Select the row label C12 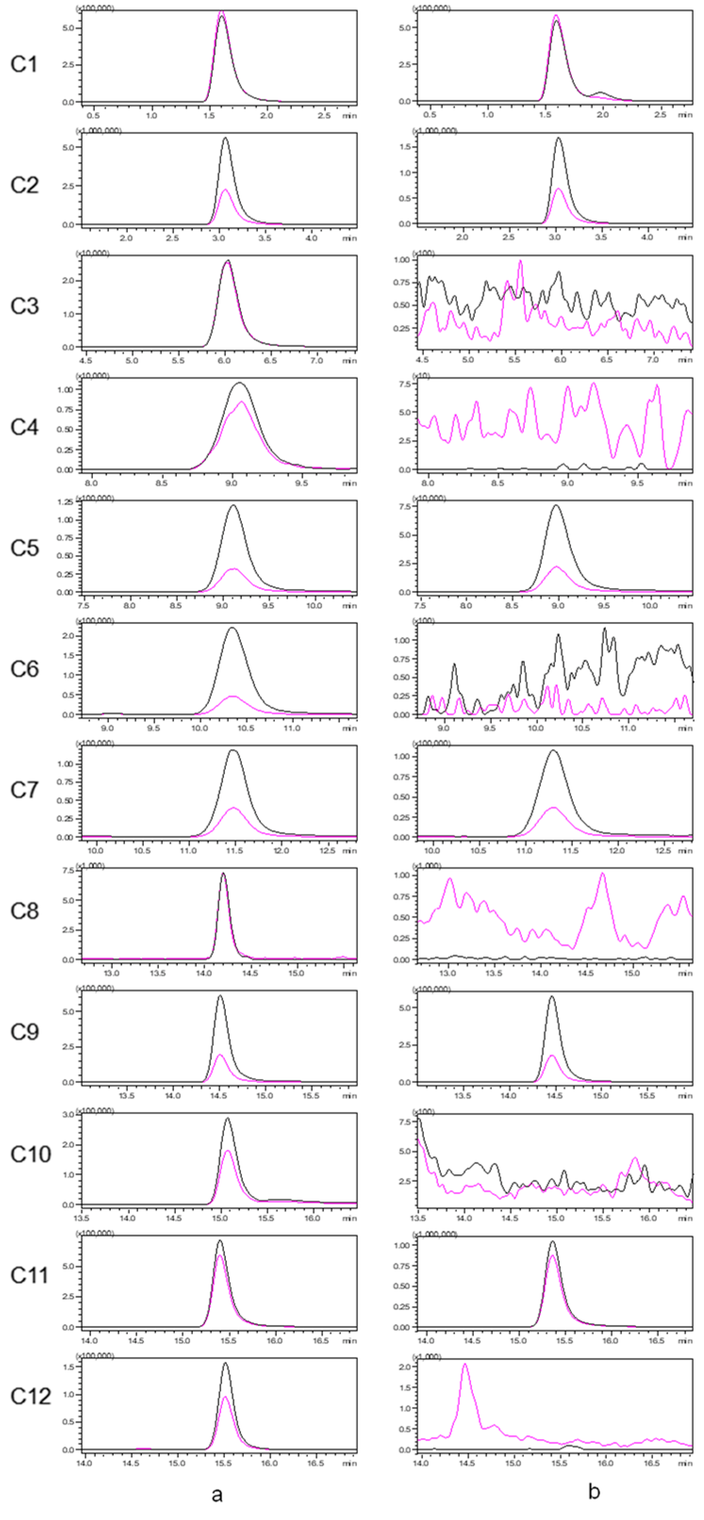pos(30,1396)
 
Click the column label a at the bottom pos(217,1494)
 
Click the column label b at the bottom pos(594,1492)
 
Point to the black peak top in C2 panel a pos(225,138)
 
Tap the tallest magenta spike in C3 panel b pos(520,261)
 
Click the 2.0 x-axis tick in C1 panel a pos(267,116)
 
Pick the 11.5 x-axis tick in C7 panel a pos(235,850)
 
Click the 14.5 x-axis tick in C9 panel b pos(554,1095)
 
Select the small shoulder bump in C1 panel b pos(601,93)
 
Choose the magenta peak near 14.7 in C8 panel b pos(602,874)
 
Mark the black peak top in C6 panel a pos(232,628)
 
